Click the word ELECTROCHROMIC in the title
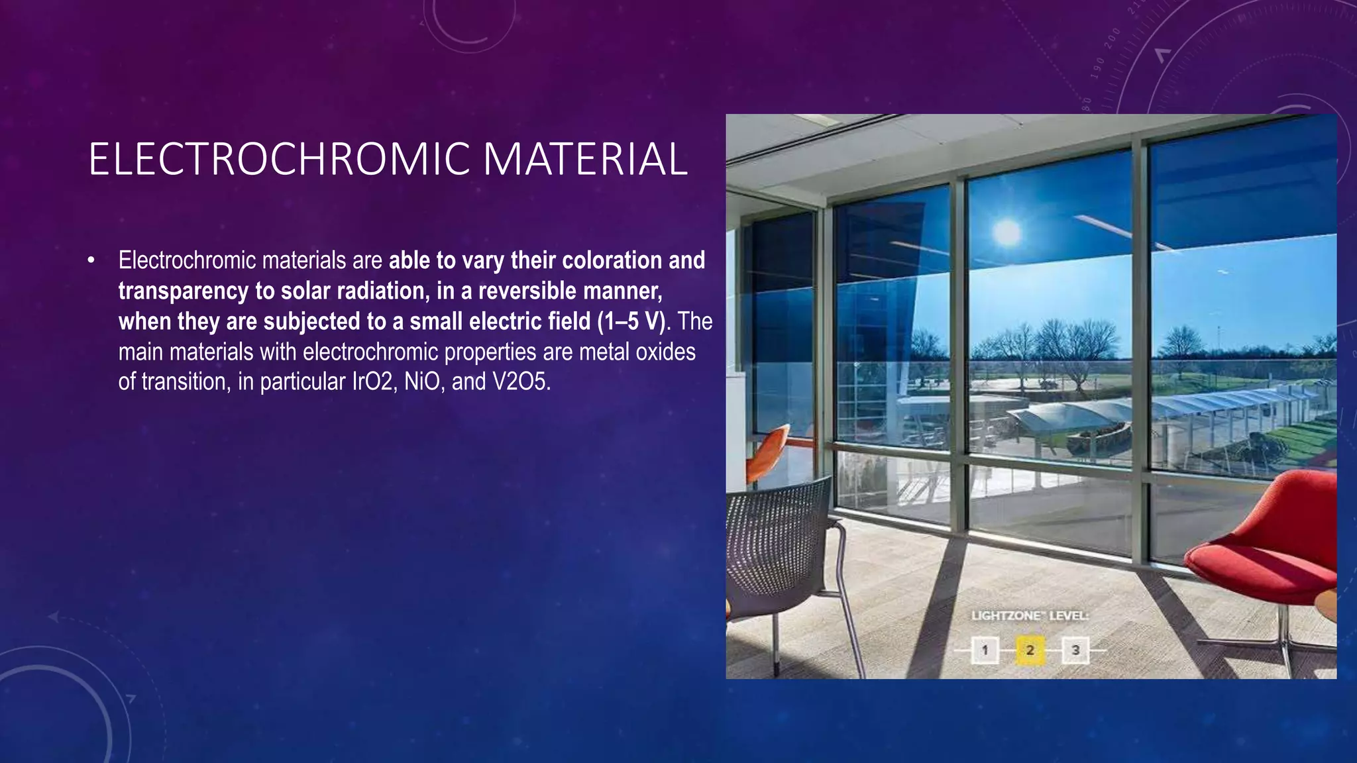click(278, 160)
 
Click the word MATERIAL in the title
click(586, 160)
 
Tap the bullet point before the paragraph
click(91, 260)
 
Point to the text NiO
click(421, 382)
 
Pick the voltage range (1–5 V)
click(631, 322)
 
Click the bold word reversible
click(526, 291)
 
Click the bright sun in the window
click(1007, 231)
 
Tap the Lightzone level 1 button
click(985, 650)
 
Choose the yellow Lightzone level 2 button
click(1030, 650)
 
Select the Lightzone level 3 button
click(1075, 650)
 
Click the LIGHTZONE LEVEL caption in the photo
click(1030, 616)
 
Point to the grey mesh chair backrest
click(775, 530)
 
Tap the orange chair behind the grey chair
click(769, 450)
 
